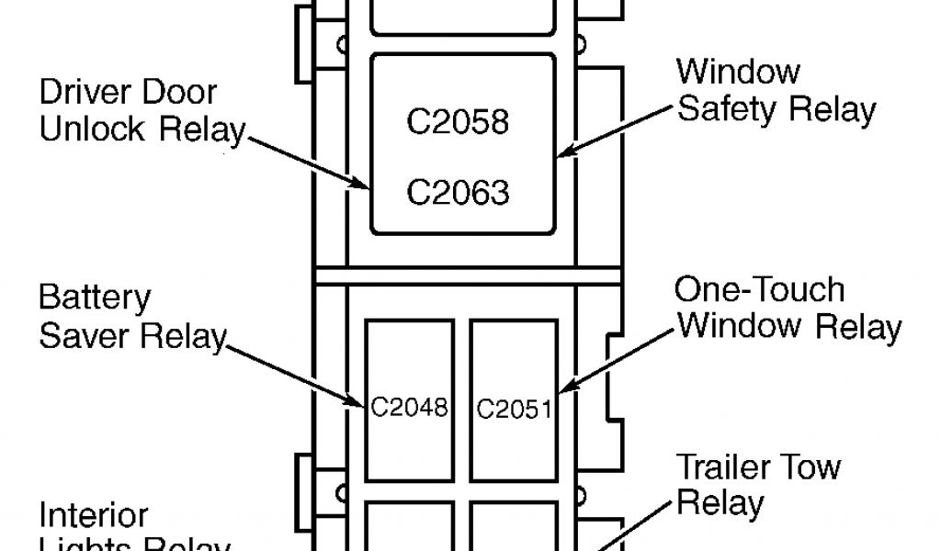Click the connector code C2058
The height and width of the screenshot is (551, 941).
457,123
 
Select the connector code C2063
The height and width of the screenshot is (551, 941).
457,193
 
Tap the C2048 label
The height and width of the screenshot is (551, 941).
409,406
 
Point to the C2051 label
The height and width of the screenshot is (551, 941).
515,408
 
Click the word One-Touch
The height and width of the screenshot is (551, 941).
759,290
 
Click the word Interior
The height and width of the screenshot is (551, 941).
93,515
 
